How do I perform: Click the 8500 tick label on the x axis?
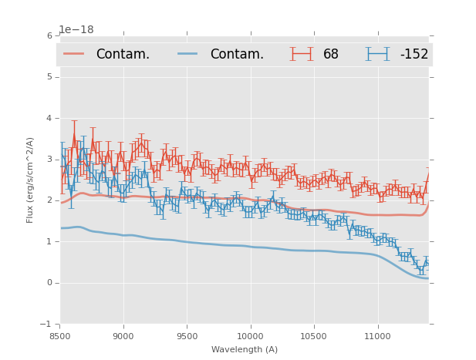pyautogui.click(x=60, y=336)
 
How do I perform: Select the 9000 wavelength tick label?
pyautogui.click(x=123, y=336)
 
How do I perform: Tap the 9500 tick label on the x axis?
pyautogui.click(x=187, y=336)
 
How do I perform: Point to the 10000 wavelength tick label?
pyautogui.click(x=250, y=336)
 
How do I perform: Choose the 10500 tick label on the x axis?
pyautogui.click(x=313, y=336)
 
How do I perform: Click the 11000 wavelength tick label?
pyautogui.click(x=377, y=336)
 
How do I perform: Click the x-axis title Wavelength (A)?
pyautogui.click(x=245, y=349)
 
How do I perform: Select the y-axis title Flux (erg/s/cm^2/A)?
pyautogui.click(x=31, y=180)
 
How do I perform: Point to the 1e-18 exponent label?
pyautogui.click(x=76, y=30)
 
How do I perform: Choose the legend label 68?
pyautogui.click(x=331, y=54)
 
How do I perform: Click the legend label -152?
pyautogui.click(x=414, y=54)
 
